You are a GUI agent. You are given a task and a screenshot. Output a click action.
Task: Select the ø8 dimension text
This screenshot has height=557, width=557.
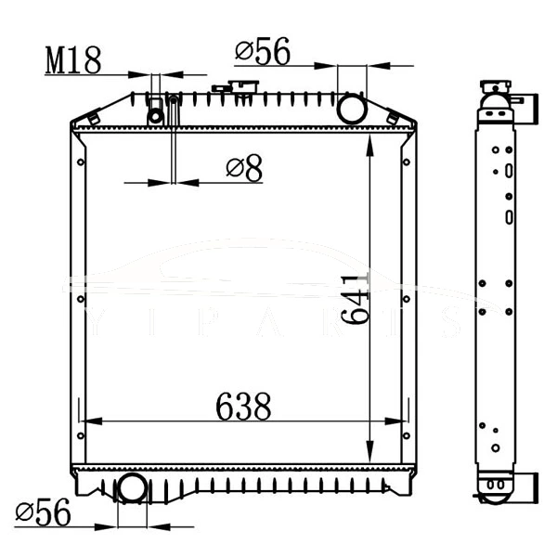[244, 168]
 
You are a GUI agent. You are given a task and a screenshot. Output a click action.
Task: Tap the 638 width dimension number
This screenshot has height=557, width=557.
[243, 406]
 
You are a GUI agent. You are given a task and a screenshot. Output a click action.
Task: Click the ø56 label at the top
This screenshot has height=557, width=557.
[263, 52]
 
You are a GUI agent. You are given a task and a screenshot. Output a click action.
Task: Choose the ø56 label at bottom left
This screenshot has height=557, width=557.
[43, 512]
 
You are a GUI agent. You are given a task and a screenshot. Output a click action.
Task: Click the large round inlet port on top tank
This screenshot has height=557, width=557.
[352, 109]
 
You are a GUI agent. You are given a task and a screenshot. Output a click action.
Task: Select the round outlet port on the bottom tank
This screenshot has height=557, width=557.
[132, 487]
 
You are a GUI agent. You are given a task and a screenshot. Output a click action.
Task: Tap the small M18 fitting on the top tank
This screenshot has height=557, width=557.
[156, 115]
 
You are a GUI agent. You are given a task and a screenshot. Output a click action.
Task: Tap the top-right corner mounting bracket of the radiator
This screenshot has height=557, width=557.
[400, 117]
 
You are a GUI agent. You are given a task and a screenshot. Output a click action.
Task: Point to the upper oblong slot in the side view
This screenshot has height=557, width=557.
[509, 171]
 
